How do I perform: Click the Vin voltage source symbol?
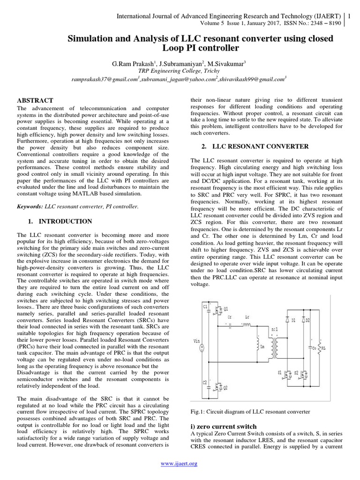[202, 347]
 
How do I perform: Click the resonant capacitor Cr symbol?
[229, 324]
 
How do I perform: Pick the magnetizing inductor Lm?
[257, 345]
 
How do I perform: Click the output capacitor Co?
[308, 348]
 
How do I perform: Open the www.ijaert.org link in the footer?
[180, 464]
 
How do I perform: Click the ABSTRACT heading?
[35, 100]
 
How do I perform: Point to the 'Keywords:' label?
[30, 206]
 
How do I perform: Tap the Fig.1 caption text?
[250, 412]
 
